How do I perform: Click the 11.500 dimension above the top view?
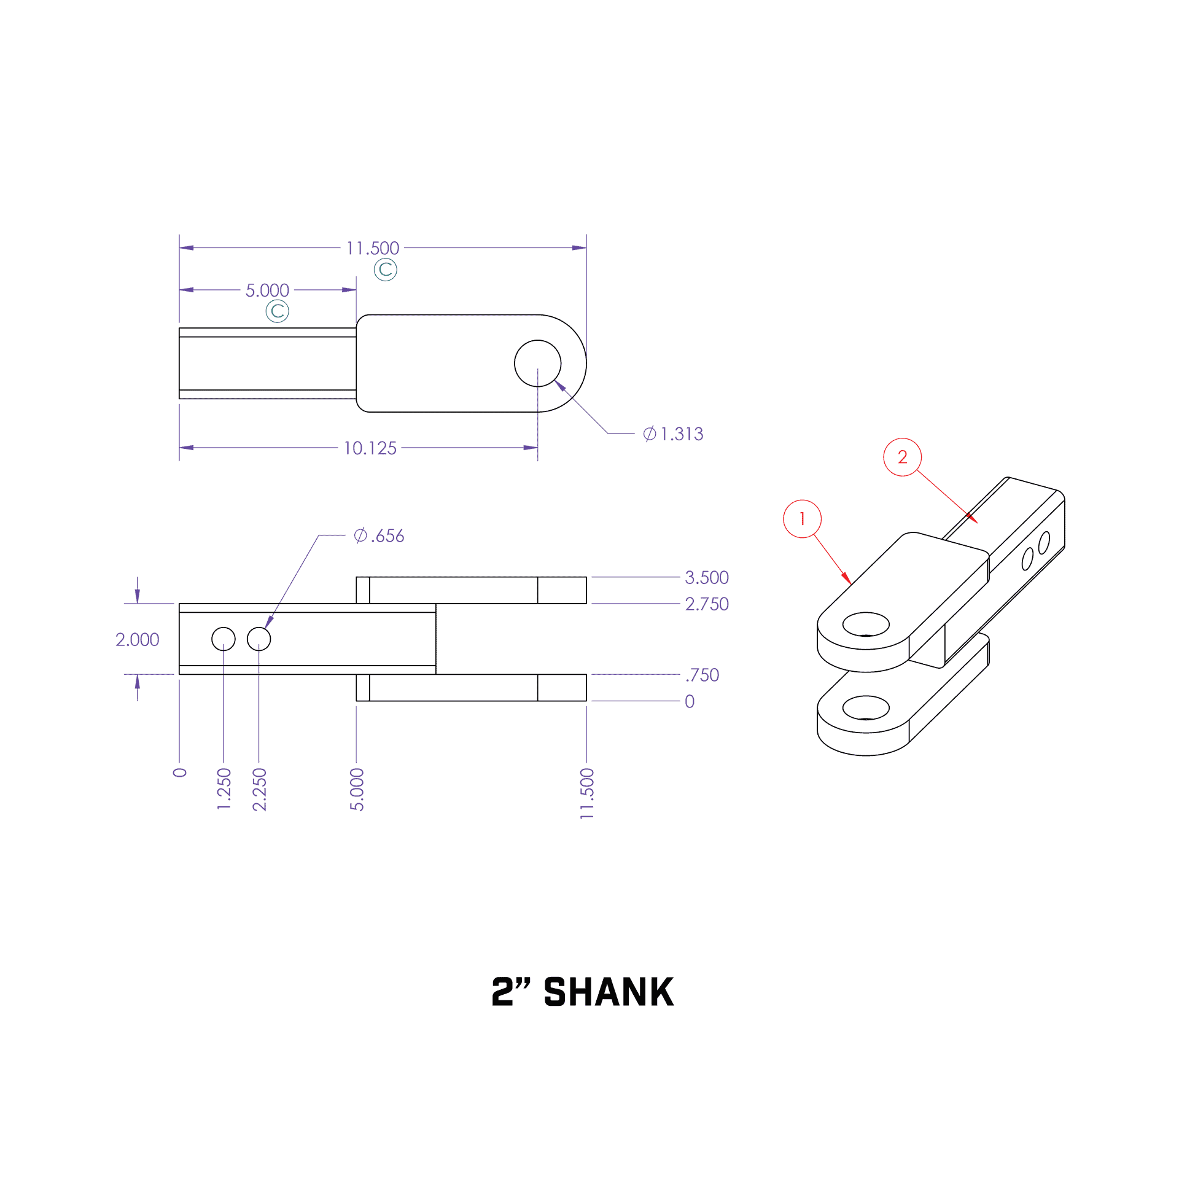[x=372, y=248]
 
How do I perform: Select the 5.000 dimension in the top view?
[x=267, y=290]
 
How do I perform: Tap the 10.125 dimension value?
[x=370, y=448]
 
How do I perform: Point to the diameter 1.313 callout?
[x=673, y=434]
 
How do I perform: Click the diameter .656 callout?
[x=379, y=535]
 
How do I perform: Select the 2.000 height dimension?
[x=137, y=639]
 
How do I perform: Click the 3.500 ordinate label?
[x=706, y=577]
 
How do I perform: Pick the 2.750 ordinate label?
[x=706, y=604]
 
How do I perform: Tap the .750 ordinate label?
[x=702, y=675]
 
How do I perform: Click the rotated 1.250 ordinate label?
[x=224, y=789]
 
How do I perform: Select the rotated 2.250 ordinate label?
[x=260, y=789]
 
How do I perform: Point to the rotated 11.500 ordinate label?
[x=587, y=793]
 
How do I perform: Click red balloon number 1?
[x=802, y=519]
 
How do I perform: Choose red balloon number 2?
[x=902, y=457]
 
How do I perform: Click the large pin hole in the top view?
[x=537, y=364]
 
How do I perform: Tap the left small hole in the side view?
[x=224, y=639]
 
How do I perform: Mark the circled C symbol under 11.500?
[x=386, y=270]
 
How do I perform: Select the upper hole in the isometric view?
[x=866, y=625]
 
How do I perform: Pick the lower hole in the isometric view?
[x=866, y=707]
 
